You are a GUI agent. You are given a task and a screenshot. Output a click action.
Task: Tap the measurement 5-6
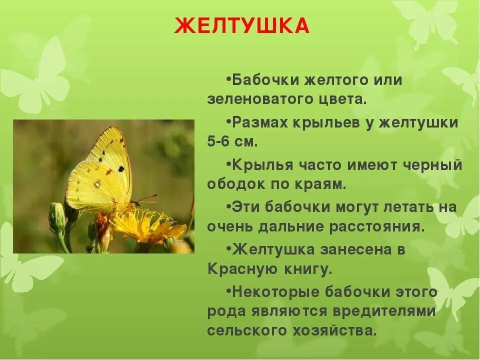218,141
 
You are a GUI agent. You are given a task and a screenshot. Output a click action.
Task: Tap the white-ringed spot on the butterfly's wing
97,184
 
